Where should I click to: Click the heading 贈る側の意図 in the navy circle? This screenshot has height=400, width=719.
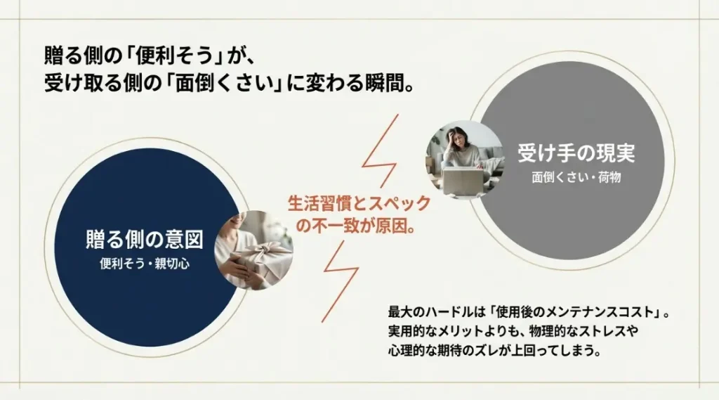(145, 240)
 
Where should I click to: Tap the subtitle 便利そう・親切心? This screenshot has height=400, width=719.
(145, 264)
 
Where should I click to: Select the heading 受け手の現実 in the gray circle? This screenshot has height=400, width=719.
(576, 153)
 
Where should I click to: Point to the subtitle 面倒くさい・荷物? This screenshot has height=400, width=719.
(576, 177)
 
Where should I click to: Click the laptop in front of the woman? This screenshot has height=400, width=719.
(463, 181)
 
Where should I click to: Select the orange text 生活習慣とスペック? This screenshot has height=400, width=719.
(359, 203)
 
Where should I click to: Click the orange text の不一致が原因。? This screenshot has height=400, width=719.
(356, 225)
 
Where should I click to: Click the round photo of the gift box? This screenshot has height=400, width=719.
(254, 250)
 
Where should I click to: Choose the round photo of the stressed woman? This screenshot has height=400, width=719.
(465, 160)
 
